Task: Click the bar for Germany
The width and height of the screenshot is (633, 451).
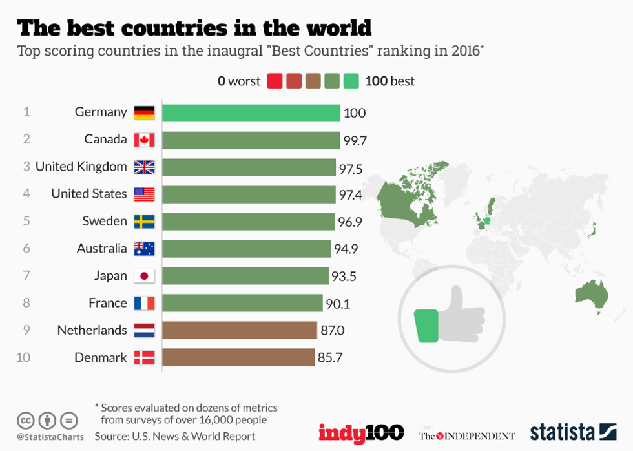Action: tap(251, 113)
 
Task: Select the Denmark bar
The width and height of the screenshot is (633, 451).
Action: tap(238, 357)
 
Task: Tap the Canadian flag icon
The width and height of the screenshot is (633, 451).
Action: tap(144, 140)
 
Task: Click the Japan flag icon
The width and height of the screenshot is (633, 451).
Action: tap(144, 277)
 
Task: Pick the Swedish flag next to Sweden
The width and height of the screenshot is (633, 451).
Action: tap(144, 222)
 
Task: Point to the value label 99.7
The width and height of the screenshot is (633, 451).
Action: tap(355, 141)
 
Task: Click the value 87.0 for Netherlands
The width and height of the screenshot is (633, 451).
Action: tap(332, 331)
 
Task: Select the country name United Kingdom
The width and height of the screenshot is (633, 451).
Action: tap(81, 167)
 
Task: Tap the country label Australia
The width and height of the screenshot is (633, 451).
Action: tap(102, 249)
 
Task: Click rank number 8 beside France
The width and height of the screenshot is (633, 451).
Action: tap(26, 303)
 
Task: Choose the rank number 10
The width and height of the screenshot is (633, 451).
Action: tap(24, 357)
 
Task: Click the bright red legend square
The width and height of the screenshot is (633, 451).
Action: tap(275, 81)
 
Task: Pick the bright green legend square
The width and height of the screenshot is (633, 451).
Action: tap(351, 81)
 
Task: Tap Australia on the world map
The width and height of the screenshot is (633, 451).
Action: tap(592, 297)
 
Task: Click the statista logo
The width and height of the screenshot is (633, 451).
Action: tap(573, 432)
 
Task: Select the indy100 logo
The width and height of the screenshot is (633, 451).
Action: tap(361, 432)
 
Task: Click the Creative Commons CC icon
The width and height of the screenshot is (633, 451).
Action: tap(26, 421)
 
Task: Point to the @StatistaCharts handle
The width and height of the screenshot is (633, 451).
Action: tap(50, 437)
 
